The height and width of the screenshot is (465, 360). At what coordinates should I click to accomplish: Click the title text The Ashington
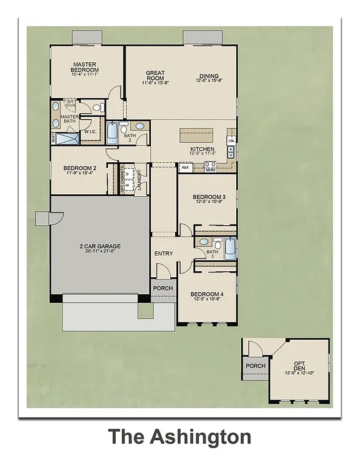179,436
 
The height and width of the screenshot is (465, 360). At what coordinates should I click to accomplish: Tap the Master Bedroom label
86,67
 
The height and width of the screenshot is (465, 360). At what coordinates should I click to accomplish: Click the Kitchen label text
202,149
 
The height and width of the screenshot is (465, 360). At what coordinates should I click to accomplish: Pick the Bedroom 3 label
208,197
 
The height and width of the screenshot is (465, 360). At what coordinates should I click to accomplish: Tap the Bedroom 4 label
208,294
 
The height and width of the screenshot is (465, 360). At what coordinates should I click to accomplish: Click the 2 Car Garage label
100,246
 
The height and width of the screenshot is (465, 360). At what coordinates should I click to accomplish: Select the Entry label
164,254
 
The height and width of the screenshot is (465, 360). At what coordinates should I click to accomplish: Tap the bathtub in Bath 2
112,132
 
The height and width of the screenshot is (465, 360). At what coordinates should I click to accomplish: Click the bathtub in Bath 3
230,248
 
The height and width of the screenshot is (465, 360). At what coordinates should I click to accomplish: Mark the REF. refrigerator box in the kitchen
186,168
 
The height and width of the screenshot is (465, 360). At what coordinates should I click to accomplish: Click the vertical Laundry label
139,179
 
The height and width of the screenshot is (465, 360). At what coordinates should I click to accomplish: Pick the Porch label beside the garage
162,288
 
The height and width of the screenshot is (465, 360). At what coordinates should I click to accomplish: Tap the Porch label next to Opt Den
255,366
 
